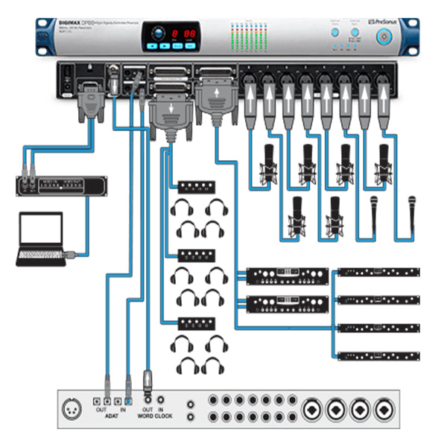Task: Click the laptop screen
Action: pyautogui.click(x=41, y=233)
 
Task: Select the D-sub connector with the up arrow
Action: pyautogui.click(x=217, y=98)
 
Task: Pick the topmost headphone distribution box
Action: pyautogui.click(x=196, y=186)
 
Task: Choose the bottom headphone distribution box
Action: pyautogui.click(x=196, y=323)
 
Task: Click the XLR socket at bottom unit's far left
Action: pyautogui.click(x=75, y=407)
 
